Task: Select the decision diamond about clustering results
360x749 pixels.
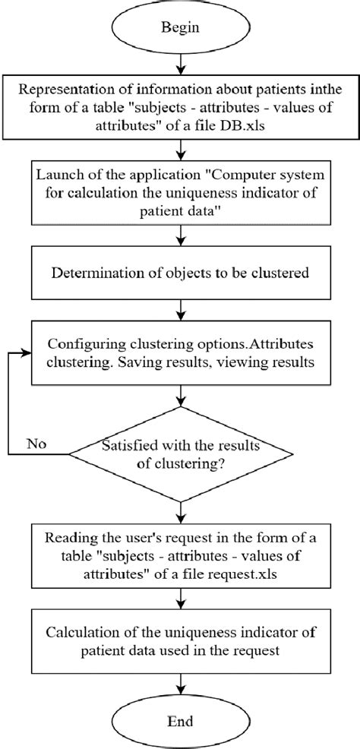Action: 181,454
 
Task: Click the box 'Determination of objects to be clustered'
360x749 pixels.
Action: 181,272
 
